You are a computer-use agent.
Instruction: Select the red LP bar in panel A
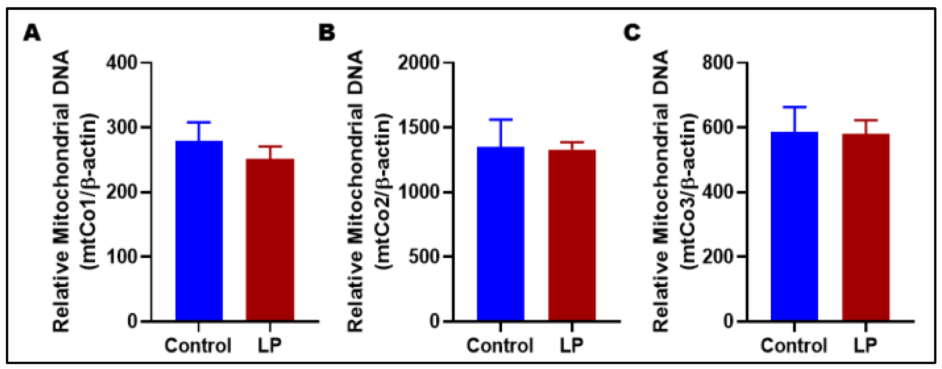[270, 240]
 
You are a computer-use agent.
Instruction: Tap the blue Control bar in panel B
[500, 234]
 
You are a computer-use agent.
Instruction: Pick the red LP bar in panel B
[572, 235]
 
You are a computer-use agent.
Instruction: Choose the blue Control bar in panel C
[794, 227]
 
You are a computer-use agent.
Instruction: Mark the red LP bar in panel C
[865, 227]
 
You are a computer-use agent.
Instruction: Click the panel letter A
[32, 33]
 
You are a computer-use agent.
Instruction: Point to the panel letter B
[327, 33]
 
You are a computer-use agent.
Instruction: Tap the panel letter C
[632, 33]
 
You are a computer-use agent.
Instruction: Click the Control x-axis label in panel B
[500, 345]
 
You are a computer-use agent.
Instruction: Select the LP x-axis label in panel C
[865, 345]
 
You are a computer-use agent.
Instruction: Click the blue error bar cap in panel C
[794, 107]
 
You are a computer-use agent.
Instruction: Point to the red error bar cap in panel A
[270, 146]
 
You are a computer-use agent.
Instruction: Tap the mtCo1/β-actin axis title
[90, 191]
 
